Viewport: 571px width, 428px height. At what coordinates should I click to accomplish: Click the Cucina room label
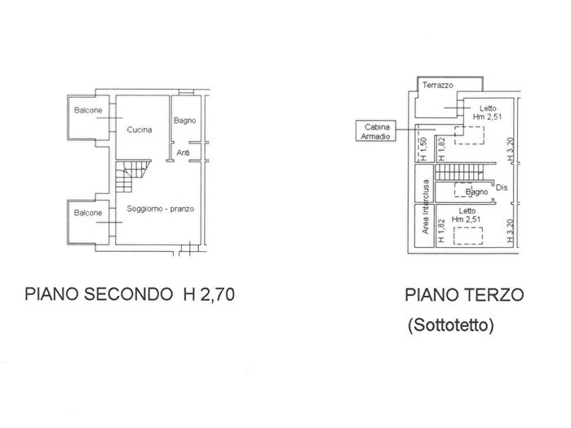coord(139,130)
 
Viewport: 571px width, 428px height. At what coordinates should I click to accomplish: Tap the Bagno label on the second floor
coord(184,121)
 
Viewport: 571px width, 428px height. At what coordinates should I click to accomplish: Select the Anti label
coord(184,153)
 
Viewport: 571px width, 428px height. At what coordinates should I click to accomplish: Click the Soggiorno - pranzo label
coord(160,209)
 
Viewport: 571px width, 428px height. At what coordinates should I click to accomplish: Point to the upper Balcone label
coord(88,110)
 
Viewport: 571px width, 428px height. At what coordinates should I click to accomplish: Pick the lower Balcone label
coord(88,213)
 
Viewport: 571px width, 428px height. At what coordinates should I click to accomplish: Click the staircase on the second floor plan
coord(132,176)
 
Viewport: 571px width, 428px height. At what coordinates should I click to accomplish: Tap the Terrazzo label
coord(438,85)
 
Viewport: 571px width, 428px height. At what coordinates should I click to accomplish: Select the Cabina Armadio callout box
coord(376,131)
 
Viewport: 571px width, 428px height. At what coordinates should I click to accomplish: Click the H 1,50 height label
coord(423,149)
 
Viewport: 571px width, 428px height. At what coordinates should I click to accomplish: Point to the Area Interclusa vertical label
coord(425,207)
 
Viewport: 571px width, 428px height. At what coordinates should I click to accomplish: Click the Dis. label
coord(502,188)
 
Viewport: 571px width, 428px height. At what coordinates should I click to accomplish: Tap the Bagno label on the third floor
coord(476,192)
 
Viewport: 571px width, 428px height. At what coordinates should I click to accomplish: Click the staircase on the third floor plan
coord(459,172)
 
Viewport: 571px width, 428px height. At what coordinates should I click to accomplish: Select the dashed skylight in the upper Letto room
coord(469,135)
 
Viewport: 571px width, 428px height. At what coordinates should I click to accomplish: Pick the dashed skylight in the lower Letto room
coord(468,236)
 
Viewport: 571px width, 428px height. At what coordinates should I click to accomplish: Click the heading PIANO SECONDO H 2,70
coord(130,294)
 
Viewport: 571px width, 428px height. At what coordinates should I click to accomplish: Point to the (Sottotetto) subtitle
coord(451,325)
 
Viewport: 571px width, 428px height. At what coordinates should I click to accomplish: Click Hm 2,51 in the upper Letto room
coord(487,117)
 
